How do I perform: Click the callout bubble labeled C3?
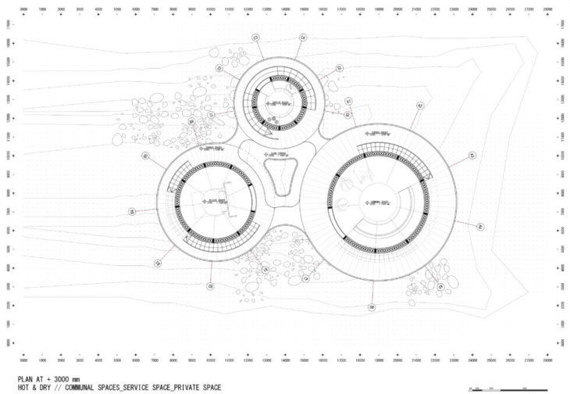coord(255,38)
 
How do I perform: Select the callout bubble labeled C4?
coord(303,37)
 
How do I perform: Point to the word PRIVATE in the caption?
coord(187,387)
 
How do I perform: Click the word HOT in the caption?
coord(13,387)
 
